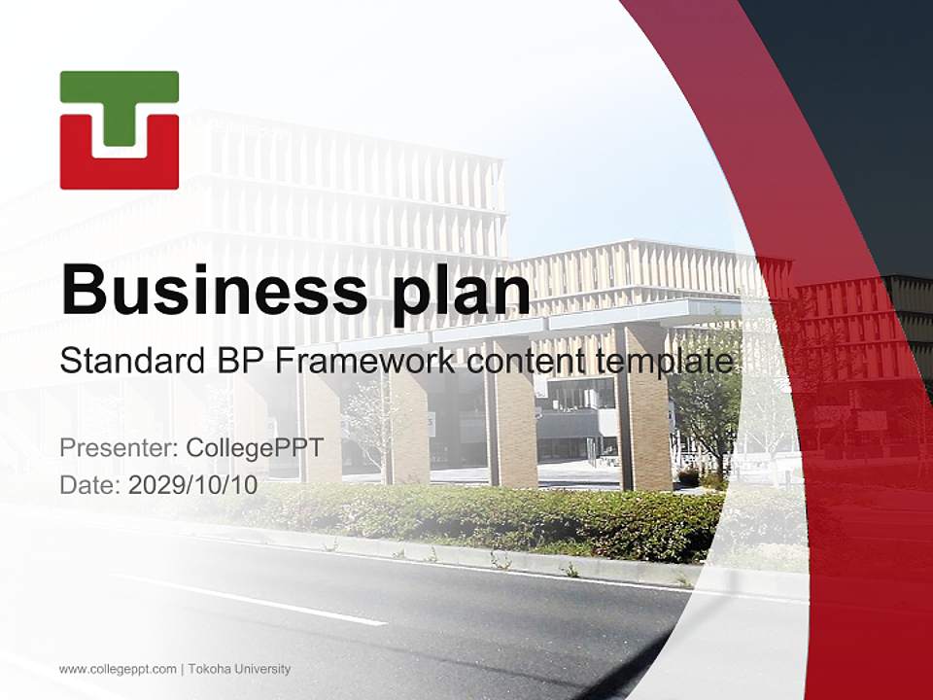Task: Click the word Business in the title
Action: (204, 289)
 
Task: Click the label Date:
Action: (90, 484)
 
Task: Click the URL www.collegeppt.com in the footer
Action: (118, 669)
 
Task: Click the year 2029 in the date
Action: (152, 484)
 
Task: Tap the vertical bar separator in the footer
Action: (182, 669)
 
